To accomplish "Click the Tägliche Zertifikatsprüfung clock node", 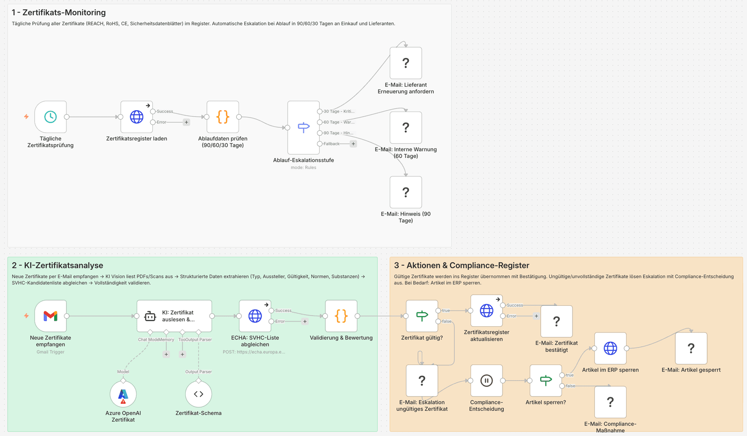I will coord(50,117).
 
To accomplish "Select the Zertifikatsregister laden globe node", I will coord(137,117).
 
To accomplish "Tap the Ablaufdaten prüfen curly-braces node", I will coord(223,117).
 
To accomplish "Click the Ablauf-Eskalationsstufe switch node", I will coord(303,127).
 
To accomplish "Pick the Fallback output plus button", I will coord(353,144).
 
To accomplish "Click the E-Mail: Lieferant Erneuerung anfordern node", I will coord(406,63).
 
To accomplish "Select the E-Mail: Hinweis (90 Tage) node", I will coord(406,192).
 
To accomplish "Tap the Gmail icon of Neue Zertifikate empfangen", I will coord(50,316).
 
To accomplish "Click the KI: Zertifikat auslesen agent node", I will coord(174,316).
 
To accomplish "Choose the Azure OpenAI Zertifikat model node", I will coord(123,394).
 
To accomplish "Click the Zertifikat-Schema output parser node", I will coord(198,394).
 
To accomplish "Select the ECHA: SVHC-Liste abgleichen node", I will coord(255,316).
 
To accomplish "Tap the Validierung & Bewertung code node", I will coord(341,316).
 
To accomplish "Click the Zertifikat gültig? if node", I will coord(422,316).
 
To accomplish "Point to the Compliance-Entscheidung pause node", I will coord(486,380).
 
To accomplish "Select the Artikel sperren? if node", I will coord(546,380).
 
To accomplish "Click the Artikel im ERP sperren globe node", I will coord(610,348).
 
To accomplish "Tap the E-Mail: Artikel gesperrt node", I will coord(691,348).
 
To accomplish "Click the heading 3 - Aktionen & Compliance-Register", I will coord(461,265).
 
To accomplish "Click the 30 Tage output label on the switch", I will coord(339,112).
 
